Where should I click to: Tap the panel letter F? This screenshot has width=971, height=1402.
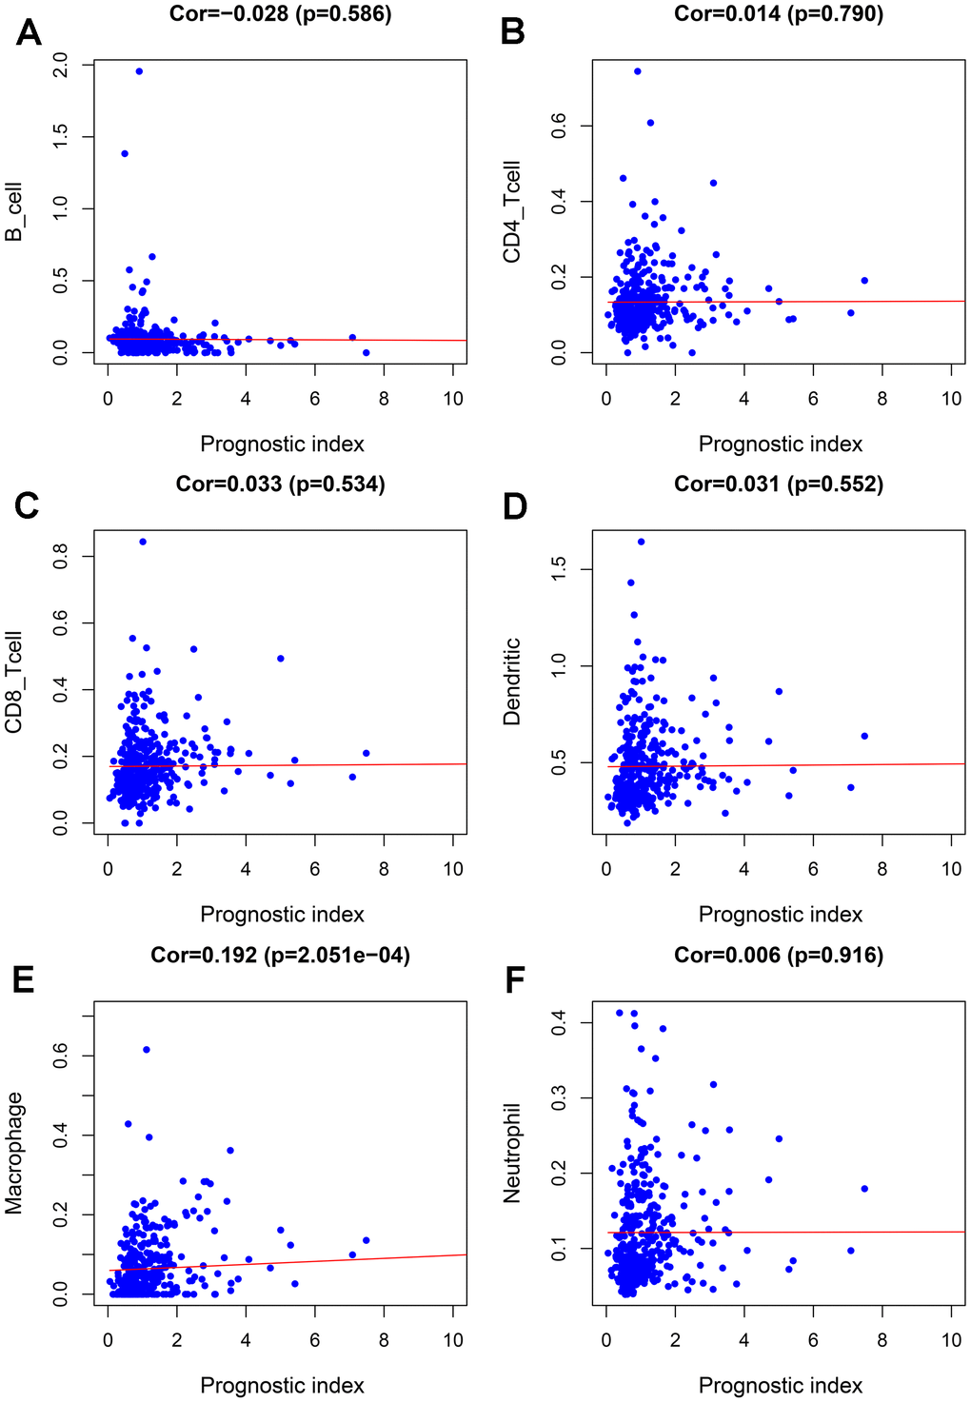coord(515,979)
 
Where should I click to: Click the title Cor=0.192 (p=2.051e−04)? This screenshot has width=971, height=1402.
coord(281,955)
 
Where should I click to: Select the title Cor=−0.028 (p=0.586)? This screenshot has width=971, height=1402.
coord(281,13)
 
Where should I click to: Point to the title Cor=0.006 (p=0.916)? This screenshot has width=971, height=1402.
coord(779,955)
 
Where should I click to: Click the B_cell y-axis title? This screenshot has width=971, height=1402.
coord(13,211)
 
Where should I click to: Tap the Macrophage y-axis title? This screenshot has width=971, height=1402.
coord(13,1153)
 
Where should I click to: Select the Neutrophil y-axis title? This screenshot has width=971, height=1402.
coord(512,1153)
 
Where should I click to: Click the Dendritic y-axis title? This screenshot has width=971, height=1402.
coord(512,681)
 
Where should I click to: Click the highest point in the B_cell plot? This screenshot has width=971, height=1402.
coord(139,71)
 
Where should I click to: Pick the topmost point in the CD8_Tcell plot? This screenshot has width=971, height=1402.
coord(143,542)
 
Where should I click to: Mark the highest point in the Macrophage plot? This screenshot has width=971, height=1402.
coord(147,1049)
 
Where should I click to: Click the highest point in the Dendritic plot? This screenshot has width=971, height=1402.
coord(641,542)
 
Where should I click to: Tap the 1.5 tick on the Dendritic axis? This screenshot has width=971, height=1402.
coord(558,569)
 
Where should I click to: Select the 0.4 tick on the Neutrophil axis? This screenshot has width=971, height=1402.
coord(558,1023)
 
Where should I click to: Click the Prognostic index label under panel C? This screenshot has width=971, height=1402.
coord(282,915)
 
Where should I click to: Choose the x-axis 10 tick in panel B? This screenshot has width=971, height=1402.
coord(952,399)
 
